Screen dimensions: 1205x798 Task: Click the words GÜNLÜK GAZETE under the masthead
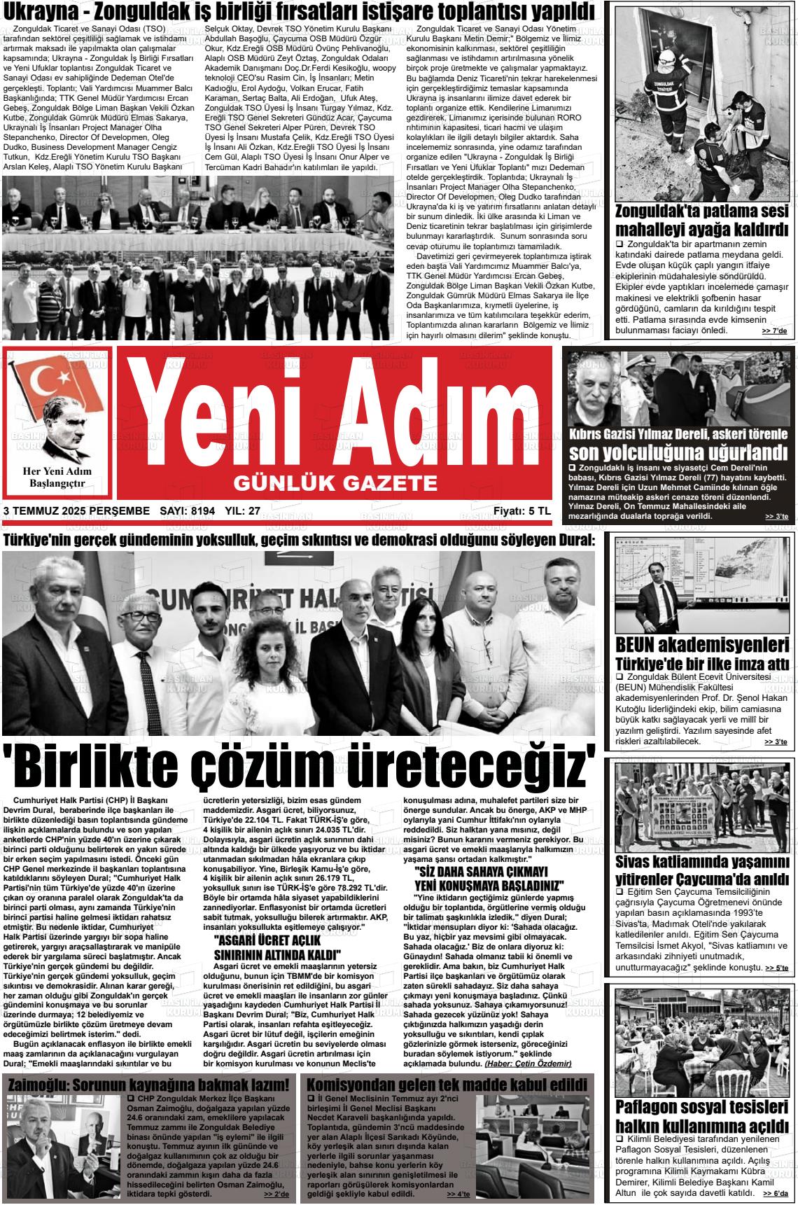tap(335, 482)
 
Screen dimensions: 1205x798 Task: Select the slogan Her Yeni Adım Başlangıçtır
tap(60, 477)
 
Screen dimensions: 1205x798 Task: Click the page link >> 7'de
tap(773, 330)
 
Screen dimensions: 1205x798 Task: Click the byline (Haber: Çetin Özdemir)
tap(528, 1063)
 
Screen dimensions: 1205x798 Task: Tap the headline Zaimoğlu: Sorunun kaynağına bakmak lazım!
tap(148, 1085)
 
